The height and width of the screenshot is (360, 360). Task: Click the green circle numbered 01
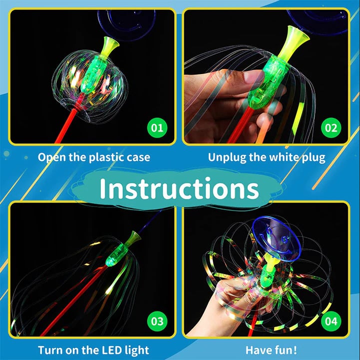coord(157,127)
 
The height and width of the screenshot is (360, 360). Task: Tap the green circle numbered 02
coord(331,127)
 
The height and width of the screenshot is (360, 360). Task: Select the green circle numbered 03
coord(157,320)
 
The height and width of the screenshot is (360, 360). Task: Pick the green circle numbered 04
coord(331,320)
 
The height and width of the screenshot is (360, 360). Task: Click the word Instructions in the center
coord(179,188)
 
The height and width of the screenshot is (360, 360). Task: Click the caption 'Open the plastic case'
coord(94,157)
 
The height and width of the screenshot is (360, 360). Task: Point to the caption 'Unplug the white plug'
coord(267,157)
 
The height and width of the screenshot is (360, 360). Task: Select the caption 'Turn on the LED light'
coord(93,350)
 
